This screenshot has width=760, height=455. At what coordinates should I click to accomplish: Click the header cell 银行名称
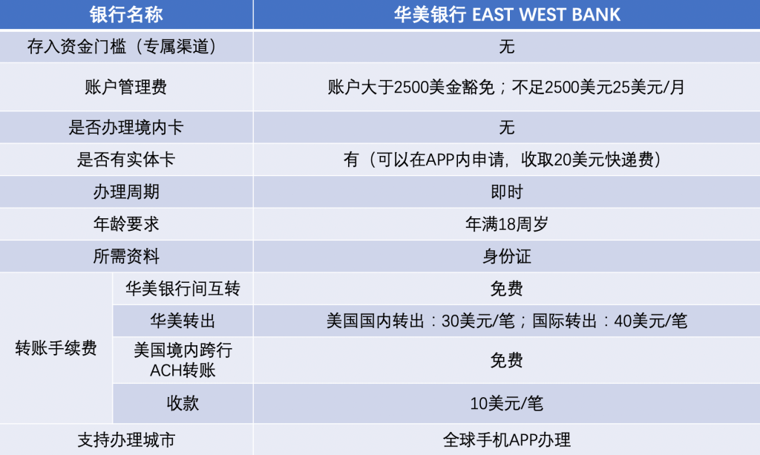point(126,15)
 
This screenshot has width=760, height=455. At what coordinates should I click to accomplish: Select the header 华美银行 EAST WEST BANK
point(506,15)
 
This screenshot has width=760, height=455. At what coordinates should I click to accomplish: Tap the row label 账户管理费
point(126,88)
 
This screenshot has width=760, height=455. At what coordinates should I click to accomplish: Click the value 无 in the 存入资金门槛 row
point(506,47)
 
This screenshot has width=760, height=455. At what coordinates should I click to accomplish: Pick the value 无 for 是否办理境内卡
point(506,128)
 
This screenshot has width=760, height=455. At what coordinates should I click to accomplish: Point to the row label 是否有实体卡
point(126,160)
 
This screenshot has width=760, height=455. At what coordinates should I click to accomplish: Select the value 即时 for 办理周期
point(506,192)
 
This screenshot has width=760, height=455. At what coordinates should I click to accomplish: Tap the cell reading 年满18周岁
point(506,224)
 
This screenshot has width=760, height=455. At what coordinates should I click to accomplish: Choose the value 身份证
point(506,256)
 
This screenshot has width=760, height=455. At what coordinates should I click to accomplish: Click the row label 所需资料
point(126,256)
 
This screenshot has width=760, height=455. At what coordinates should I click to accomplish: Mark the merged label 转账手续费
point(56,348)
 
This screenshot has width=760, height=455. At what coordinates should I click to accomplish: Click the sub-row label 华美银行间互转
point(183,289)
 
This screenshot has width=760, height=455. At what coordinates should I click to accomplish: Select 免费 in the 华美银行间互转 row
point(506,289)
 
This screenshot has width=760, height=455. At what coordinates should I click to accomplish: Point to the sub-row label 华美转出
point(183,321)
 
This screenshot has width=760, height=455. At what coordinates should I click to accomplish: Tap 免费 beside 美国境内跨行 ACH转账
point(506,360)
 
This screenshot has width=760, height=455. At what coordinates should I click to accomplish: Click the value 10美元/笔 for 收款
point(506,403)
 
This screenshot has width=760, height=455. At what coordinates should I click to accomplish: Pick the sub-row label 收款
point(183,403)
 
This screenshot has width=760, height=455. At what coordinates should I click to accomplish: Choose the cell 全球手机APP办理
point(506,440)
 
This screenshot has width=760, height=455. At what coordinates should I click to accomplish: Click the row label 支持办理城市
point(126,440)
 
